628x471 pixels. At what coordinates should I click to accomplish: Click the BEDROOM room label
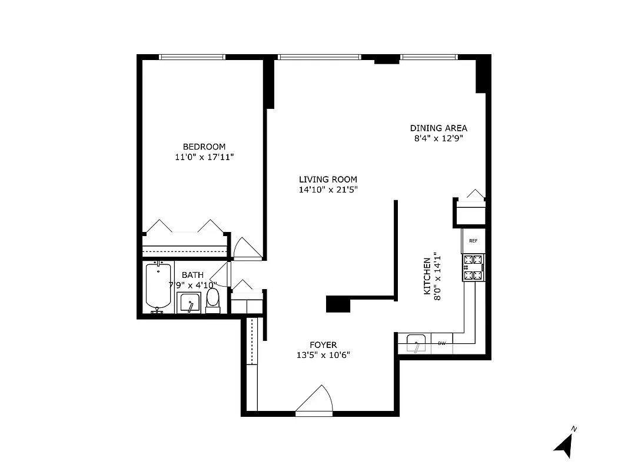tap(204, 147)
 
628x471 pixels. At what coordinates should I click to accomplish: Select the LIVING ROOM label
tap(327, 180)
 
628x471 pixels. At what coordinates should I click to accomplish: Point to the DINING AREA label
tap(438, 128)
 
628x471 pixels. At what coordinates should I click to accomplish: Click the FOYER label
tap(323, 344)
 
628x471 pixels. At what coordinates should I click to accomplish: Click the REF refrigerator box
tap(473, 241)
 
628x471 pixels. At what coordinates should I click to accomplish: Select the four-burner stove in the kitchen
tap(473, 267)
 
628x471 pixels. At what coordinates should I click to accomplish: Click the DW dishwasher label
tap(441, 343)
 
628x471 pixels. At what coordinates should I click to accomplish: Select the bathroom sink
tap(191, 303)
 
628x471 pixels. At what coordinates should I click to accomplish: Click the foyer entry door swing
tap(315, 399)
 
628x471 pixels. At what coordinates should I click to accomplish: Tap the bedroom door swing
tap(246, 248)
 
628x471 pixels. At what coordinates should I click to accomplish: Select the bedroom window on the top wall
tap(192, 57)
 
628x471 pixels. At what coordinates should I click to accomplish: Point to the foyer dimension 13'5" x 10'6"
tap(323, 355)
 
